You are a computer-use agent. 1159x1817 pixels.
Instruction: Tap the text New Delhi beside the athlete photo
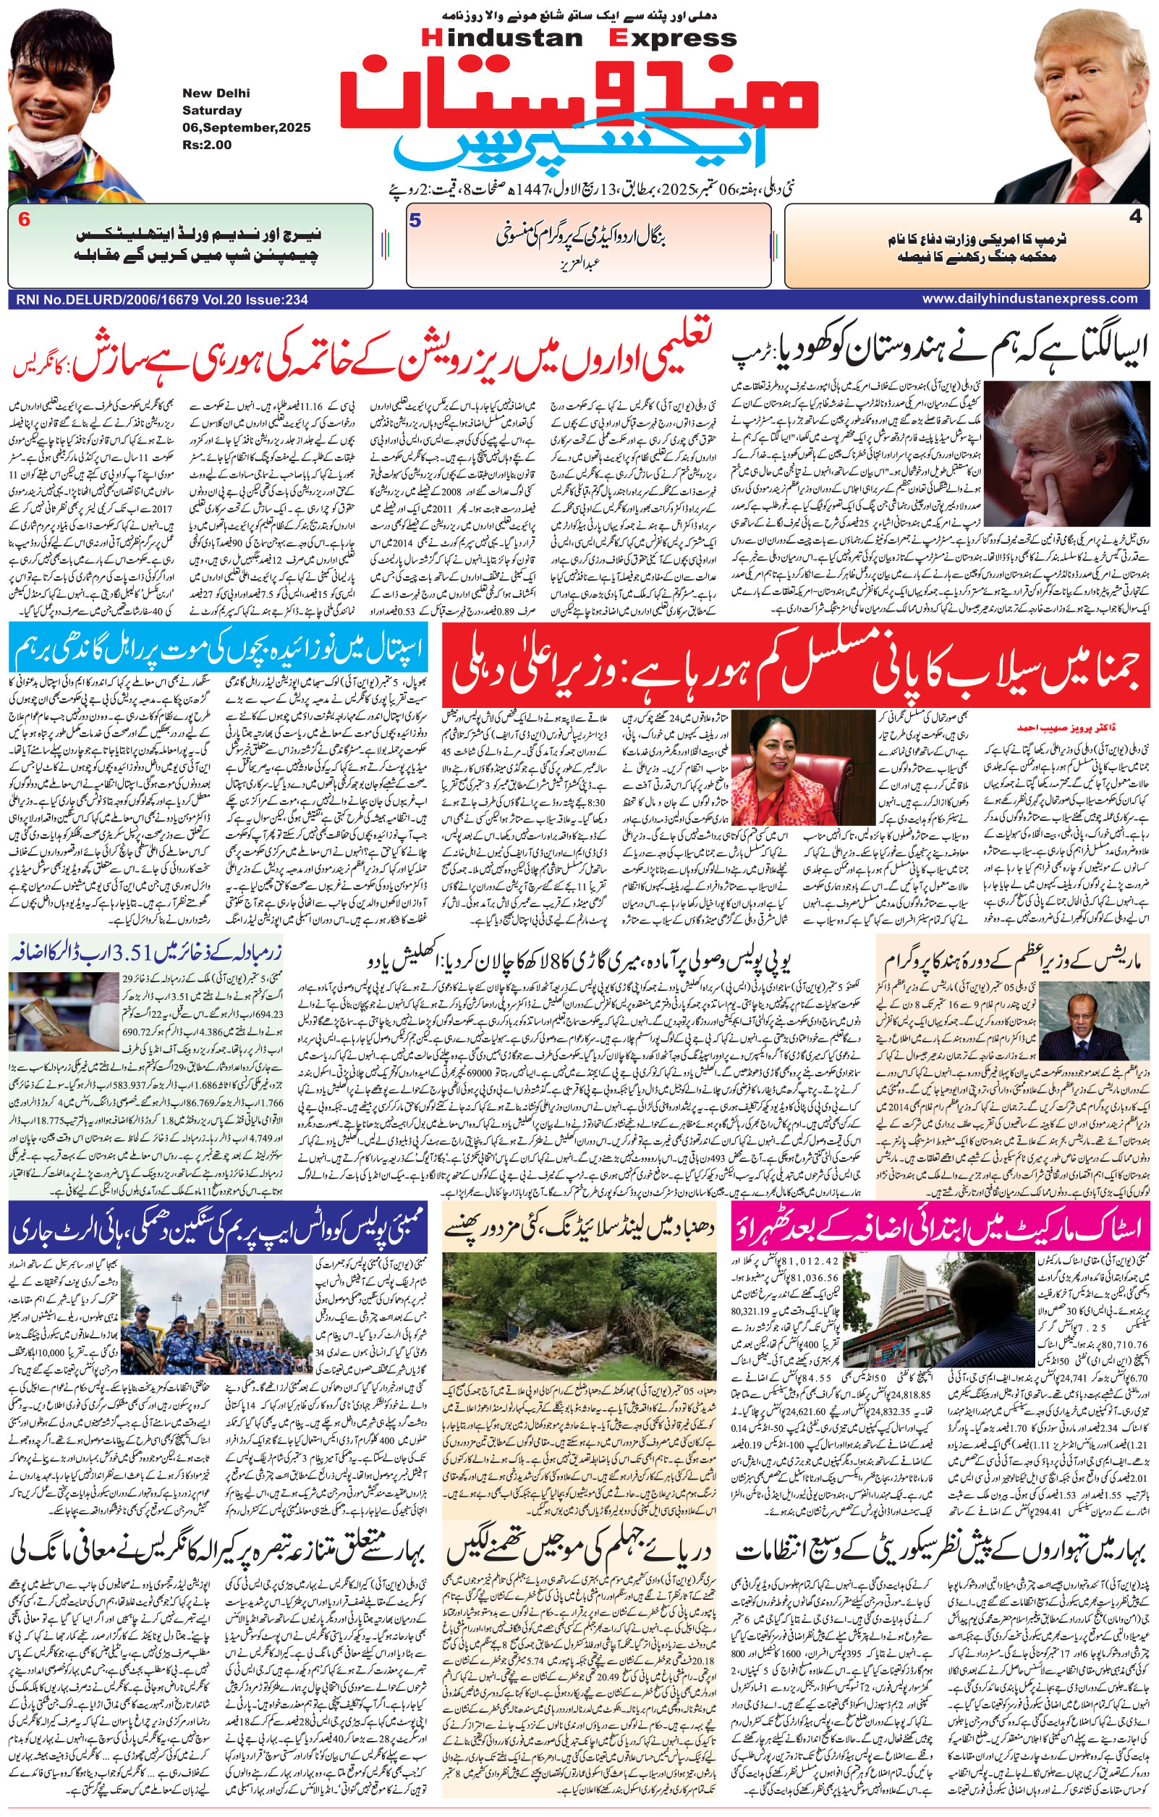click(x=216, y=93)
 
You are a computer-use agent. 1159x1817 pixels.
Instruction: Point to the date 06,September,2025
click(x=246, y=127)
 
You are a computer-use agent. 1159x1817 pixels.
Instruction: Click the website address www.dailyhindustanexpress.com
click(x=1029, y=299)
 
